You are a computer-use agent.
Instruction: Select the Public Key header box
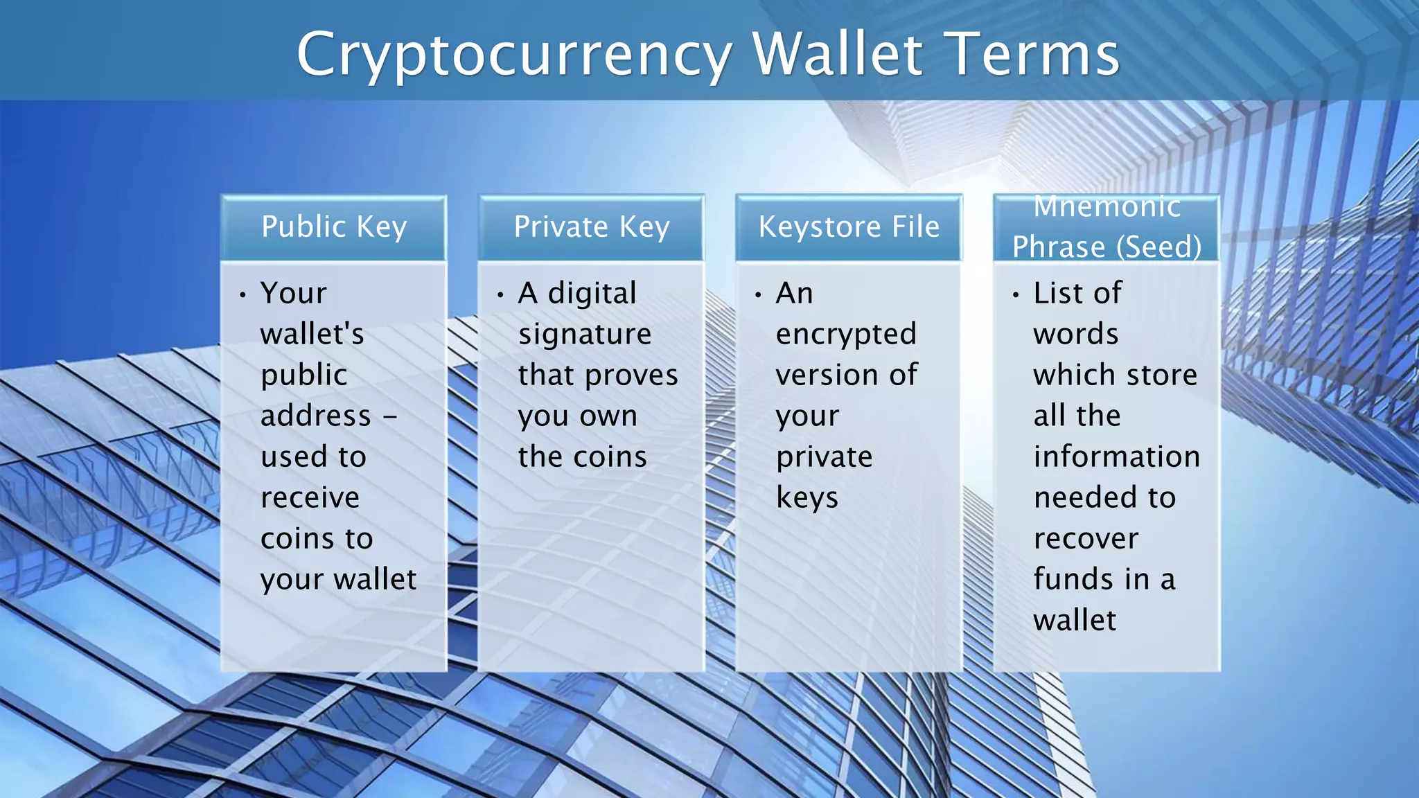pos(334,227)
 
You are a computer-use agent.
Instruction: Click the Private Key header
pos(592,227)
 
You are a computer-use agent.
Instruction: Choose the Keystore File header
pos(849,227)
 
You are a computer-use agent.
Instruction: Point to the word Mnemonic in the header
pos(1107,206)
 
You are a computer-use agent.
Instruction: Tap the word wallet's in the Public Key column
pos(312,334)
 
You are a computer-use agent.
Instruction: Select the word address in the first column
pos(316,416)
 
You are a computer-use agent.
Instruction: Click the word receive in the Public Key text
pos(310,497)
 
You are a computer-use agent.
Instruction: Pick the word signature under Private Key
pos(585,335)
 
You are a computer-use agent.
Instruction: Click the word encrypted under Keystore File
pos(846,335)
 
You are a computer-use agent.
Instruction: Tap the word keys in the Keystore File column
pos(807,497)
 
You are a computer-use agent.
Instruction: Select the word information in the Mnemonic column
pos(1116,456)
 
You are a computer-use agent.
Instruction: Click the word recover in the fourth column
pos(1086,538)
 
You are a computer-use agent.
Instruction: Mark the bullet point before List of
pos(1016,295)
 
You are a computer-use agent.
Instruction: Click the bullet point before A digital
pos(500,295)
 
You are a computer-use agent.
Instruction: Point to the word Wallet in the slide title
pos(838,54)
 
